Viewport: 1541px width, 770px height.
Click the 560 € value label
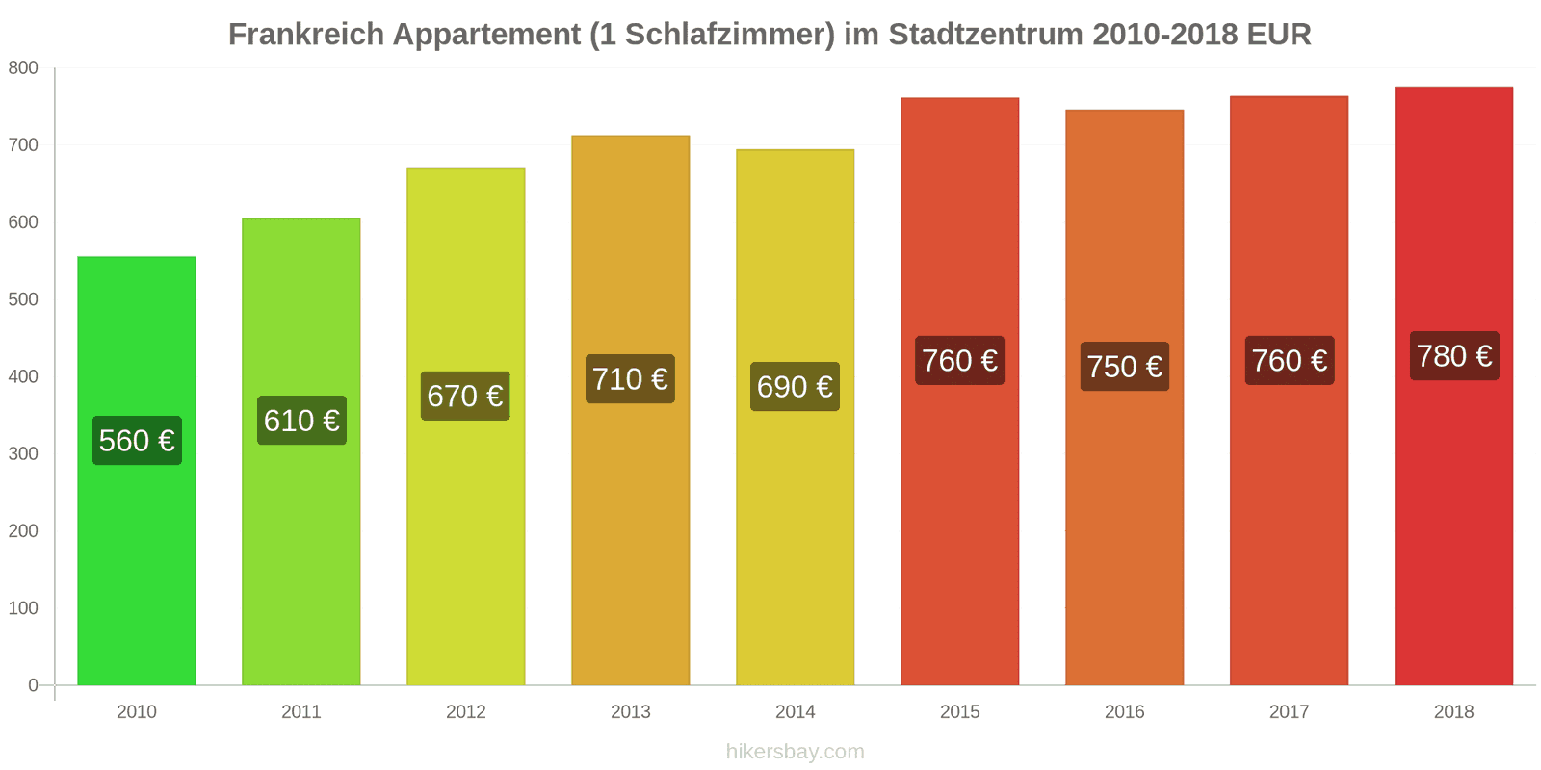coord(137,441)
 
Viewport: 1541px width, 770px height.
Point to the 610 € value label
coord(301,421)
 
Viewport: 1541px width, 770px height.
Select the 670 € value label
coord(465,396)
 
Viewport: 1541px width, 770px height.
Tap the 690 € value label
coord(795,387)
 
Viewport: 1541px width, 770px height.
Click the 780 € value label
coord(1454,356)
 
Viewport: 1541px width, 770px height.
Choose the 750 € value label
coord(1125,367)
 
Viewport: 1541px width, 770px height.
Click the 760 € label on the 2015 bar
coord(959,361)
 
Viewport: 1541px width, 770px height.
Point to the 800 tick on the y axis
coord(23,68)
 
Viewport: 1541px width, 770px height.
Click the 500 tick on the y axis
coord(23,299)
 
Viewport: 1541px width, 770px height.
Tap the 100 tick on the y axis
coord(23,608)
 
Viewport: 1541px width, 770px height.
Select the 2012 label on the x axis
coord(466,712)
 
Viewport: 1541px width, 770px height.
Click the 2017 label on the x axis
coord(1289,712)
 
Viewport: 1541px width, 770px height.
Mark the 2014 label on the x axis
coord(796,712)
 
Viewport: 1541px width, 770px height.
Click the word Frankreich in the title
coord(305,35)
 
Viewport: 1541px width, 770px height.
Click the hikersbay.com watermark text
coord(796,752)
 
